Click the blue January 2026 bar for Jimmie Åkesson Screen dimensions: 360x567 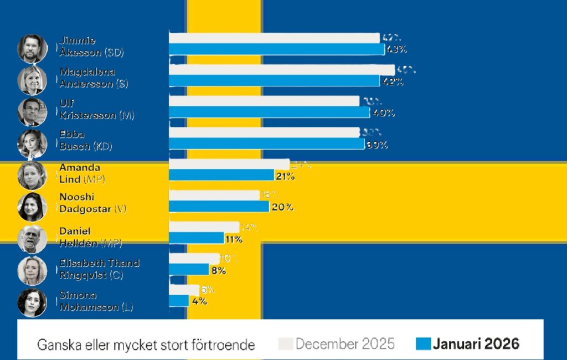point(276,49)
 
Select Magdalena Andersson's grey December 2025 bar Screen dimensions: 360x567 point(281,70)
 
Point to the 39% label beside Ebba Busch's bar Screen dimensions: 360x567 point(377,145)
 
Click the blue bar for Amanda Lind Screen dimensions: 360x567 point(221,176)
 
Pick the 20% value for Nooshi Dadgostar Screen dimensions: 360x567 point(282,207)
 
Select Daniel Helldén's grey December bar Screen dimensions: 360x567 point(204,227)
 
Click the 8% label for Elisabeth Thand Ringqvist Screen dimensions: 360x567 point(218,270)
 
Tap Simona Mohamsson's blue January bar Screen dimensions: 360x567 point(179,301)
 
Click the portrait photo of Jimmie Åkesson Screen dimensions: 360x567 point(32,49)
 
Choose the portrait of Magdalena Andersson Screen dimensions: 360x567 point(32,80)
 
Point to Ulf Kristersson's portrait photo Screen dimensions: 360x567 point(32,112)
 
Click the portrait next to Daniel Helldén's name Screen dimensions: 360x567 point(32,239)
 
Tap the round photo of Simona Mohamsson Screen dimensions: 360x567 point(32,302)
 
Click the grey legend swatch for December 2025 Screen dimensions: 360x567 point(285,344)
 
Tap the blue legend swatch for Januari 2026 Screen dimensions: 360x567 point(423,344)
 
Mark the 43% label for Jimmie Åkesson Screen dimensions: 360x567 point(396,49)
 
